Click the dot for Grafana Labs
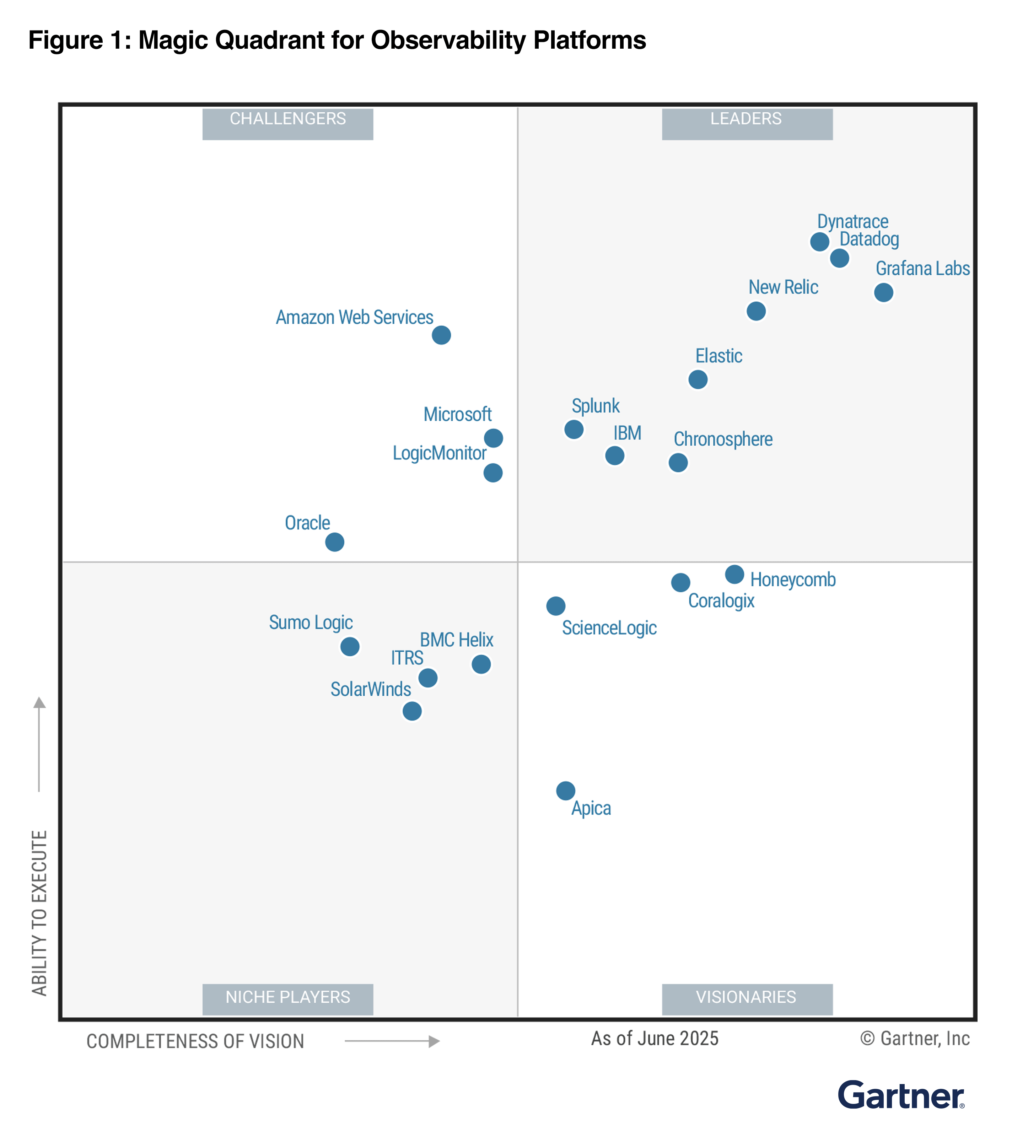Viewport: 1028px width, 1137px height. coord(883,292)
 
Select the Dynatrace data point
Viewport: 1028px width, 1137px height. coord(819,241)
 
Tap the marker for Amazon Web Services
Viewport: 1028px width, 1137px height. coord(441,335)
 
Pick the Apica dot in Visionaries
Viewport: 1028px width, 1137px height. coord(565,790)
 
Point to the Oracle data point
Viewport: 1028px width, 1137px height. coord(334,542)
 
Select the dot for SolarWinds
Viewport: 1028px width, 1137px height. coord(411,711)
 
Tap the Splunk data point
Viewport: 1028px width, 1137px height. coord(574,429)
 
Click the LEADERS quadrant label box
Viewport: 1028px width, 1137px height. coord(747,123)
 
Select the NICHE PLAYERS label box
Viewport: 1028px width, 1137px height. coord(287,999)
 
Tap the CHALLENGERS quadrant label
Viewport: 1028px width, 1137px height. coord(287,123)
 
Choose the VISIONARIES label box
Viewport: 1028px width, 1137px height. coord(747,999)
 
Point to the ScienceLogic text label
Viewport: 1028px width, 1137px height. coord(609,628)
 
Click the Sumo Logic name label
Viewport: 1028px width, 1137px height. coord(311,623)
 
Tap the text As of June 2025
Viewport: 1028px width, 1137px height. coord(654,1038)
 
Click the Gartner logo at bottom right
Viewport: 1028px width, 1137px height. coord(900,1095)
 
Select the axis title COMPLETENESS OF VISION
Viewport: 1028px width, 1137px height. coord(195,1041)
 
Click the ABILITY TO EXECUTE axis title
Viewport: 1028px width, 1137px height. coord(39,912)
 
